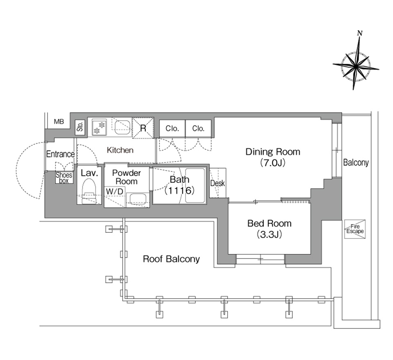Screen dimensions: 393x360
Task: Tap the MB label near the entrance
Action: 59,122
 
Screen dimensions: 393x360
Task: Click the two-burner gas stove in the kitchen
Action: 99,127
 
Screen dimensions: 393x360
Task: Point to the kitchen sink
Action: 122,128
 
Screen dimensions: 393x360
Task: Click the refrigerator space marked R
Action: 143,128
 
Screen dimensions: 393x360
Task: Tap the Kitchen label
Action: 120,150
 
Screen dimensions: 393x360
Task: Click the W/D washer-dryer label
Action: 115,191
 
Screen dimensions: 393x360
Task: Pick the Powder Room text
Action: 126,177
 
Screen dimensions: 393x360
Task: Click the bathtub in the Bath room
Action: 195,186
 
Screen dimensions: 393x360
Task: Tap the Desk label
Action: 217,183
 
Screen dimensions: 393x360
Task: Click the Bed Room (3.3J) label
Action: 269,229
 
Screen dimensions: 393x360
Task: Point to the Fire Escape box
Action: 355,229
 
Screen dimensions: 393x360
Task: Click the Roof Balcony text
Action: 172,259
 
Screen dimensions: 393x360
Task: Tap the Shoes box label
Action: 64,178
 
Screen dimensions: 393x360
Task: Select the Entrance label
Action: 61,154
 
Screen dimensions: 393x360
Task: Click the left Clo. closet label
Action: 172,129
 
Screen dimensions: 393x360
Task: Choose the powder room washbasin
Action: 138,199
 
